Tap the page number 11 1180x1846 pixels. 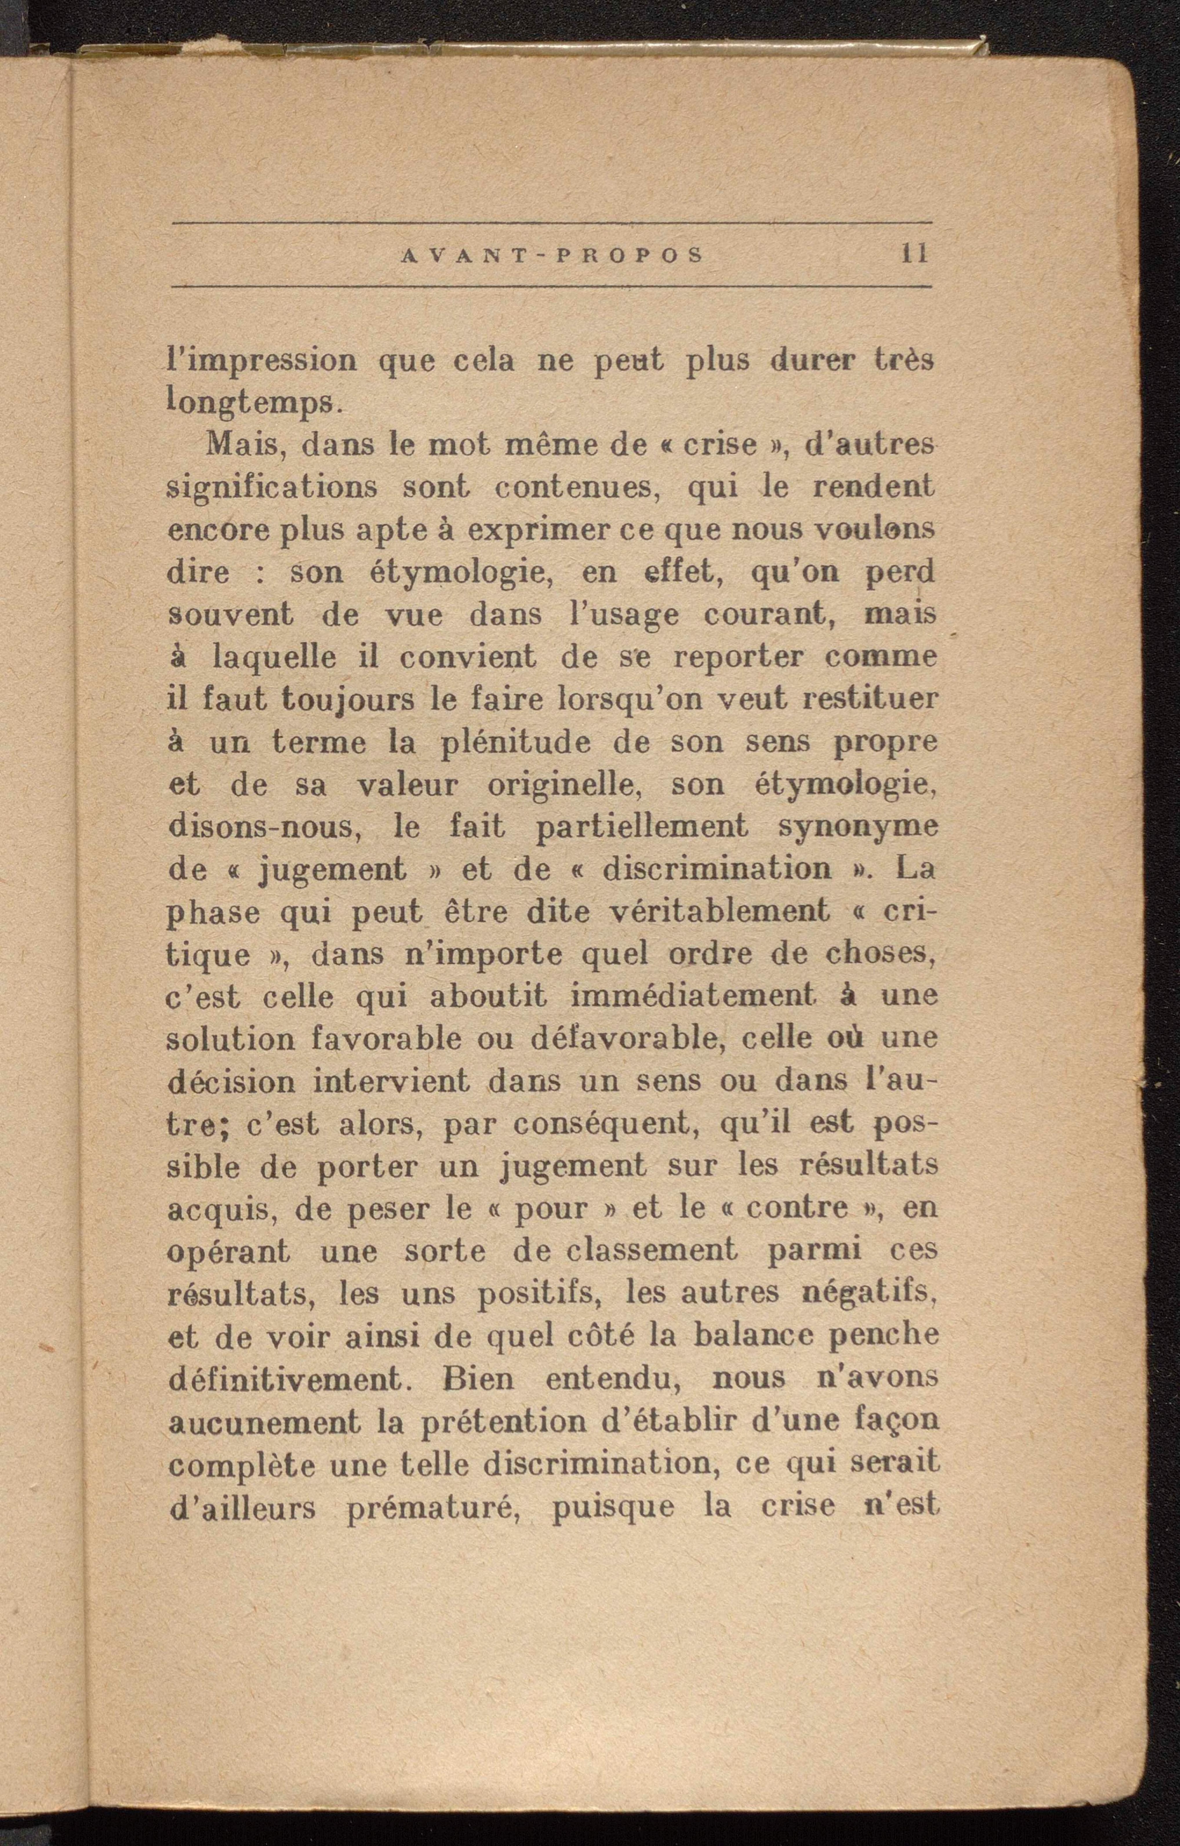pos(915,254)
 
